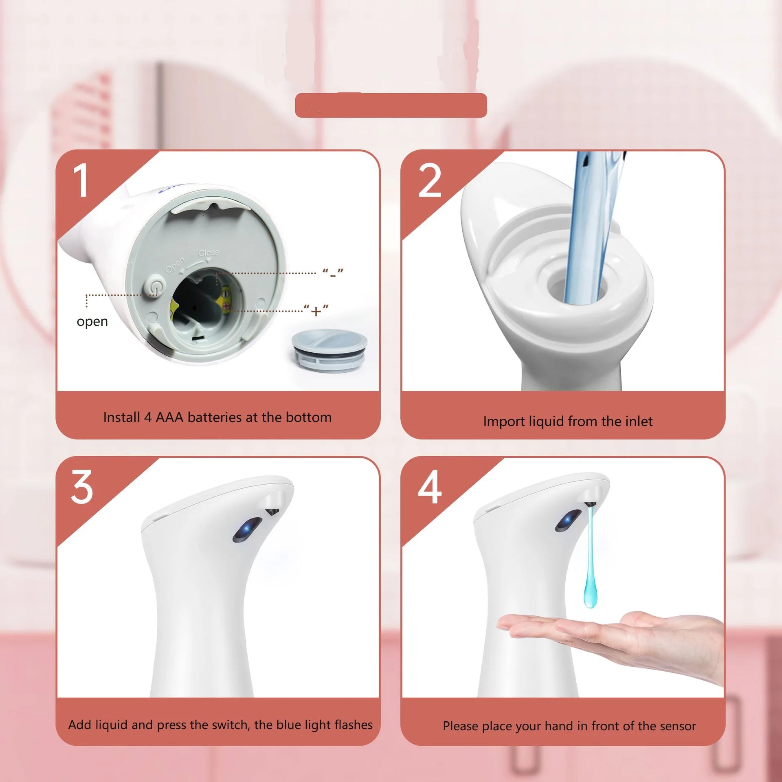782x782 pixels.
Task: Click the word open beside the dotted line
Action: coord(92,322)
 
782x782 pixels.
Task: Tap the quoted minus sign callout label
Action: coord(333,274)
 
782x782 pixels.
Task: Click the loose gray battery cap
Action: coord(329,350)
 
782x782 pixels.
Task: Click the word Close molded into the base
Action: coord(209,253)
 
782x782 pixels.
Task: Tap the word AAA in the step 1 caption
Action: coord(169,417)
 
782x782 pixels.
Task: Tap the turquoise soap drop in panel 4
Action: coord(591,586)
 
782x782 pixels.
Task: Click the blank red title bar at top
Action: coord(391,105)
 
